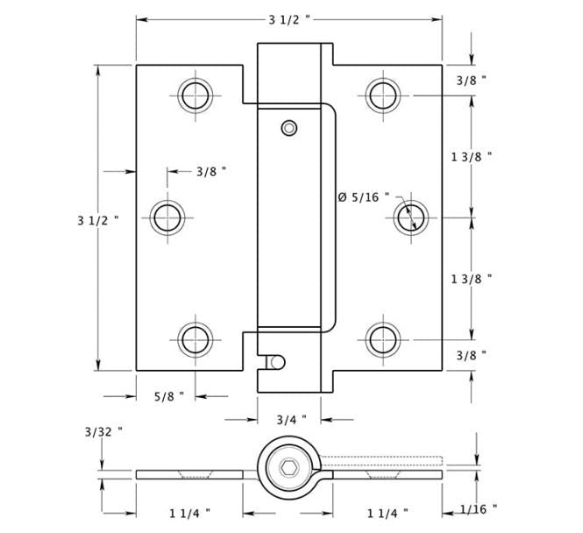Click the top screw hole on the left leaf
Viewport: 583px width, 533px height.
196,94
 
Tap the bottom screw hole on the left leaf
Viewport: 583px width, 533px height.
196,338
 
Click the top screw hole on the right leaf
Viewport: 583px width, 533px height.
382,94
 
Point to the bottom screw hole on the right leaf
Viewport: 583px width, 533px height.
382,338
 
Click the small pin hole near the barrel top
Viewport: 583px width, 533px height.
288,128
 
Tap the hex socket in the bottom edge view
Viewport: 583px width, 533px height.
288,473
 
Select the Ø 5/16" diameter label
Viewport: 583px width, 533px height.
363,197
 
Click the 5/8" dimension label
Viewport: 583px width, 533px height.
168,396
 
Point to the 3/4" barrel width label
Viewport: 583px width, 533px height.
290,419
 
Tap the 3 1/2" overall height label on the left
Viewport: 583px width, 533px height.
96,221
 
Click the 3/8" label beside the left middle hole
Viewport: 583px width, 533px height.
211,171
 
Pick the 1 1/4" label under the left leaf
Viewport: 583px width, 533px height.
189,511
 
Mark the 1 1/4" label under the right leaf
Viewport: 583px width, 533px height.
388,511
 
